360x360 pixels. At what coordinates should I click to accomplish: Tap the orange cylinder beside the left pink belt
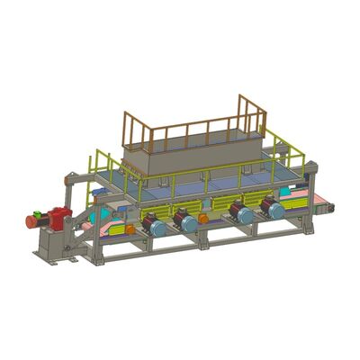tap(130, 229)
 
